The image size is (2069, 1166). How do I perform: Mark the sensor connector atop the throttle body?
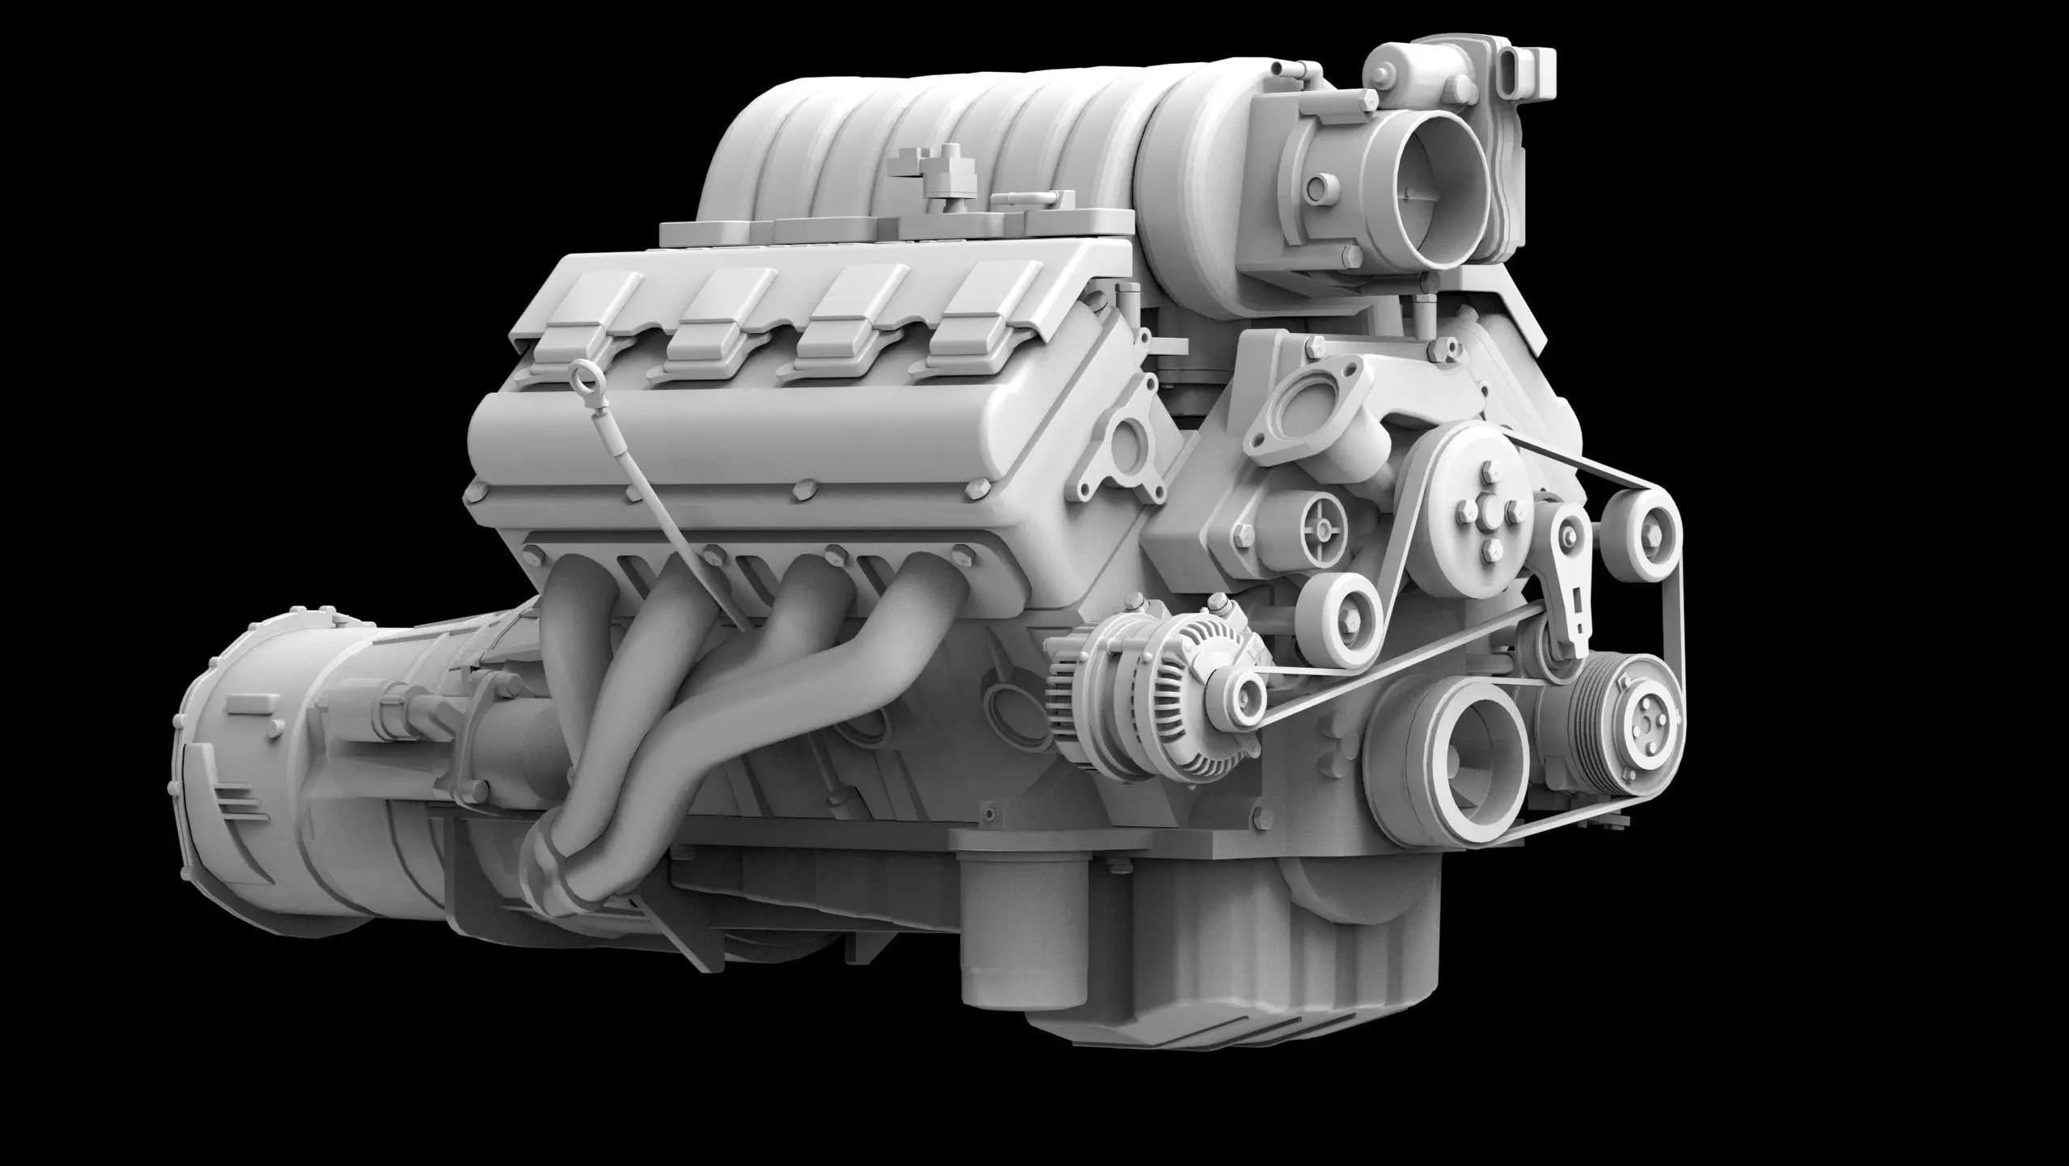1519,65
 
